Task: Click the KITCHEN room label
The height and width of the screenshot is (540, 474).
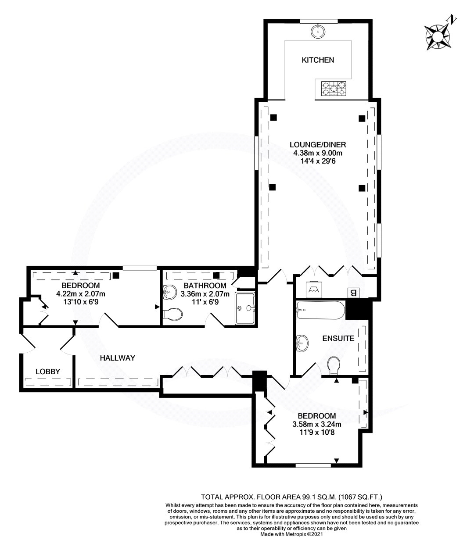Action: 318,60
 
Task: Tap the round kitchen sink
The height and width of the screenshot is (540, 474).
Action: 318,31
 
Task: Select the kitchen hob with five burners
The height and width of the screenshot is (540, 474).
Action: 334,89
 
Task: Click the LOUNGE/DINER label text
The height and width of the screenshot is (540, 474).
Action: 318,145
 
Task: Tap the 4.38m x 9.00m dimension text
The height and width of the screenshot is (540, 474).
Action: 318,153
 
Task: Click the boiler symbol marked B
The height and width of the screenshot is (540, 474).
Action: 353,293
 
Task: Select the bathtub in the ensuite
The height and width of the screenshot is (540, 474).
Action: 320,310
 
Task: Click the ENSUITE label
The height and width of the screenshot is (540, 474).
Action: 338,338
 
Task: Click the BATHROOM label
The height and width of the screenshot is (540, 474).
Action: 205,286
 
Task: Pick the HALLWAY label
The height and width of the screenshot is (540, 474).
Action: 118,358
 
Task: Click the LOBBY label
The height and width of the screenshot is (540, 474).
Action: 48,372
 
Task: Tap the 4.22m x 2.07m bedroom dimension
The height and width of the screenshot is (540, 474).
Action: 81,294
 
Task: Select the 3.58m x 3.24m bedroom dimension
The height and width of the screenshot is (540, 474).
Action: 317,424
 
